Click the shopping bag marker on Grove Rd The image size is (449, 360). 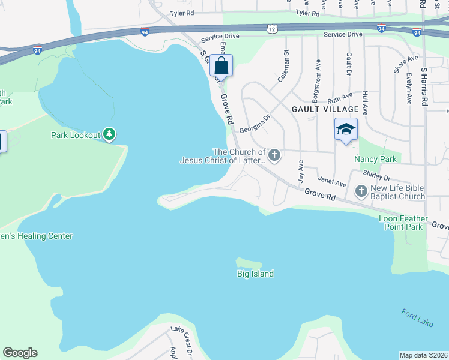coord(221,65)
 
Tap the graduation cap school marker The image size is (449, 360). coord(346,130)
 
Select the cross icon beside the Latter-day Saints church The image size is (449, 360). coord(274,156)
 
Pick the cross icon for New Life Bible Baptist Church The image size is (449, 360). coord(361,191)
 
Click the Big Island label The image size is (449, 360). coord(255,274)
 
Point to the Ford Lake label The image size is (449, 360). coord(417,319)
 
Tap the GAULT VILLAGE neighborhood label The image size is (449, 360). coord(325,109)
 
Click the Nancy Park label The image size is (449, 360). coord(376,159)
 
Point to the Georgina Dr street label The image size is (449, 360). coord(255,124)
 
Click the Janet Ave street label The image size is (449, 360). coord(332,181)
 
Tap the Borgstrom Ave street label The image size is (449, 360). coord(315,80)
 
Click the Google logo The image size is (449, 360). coord(20,353)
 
